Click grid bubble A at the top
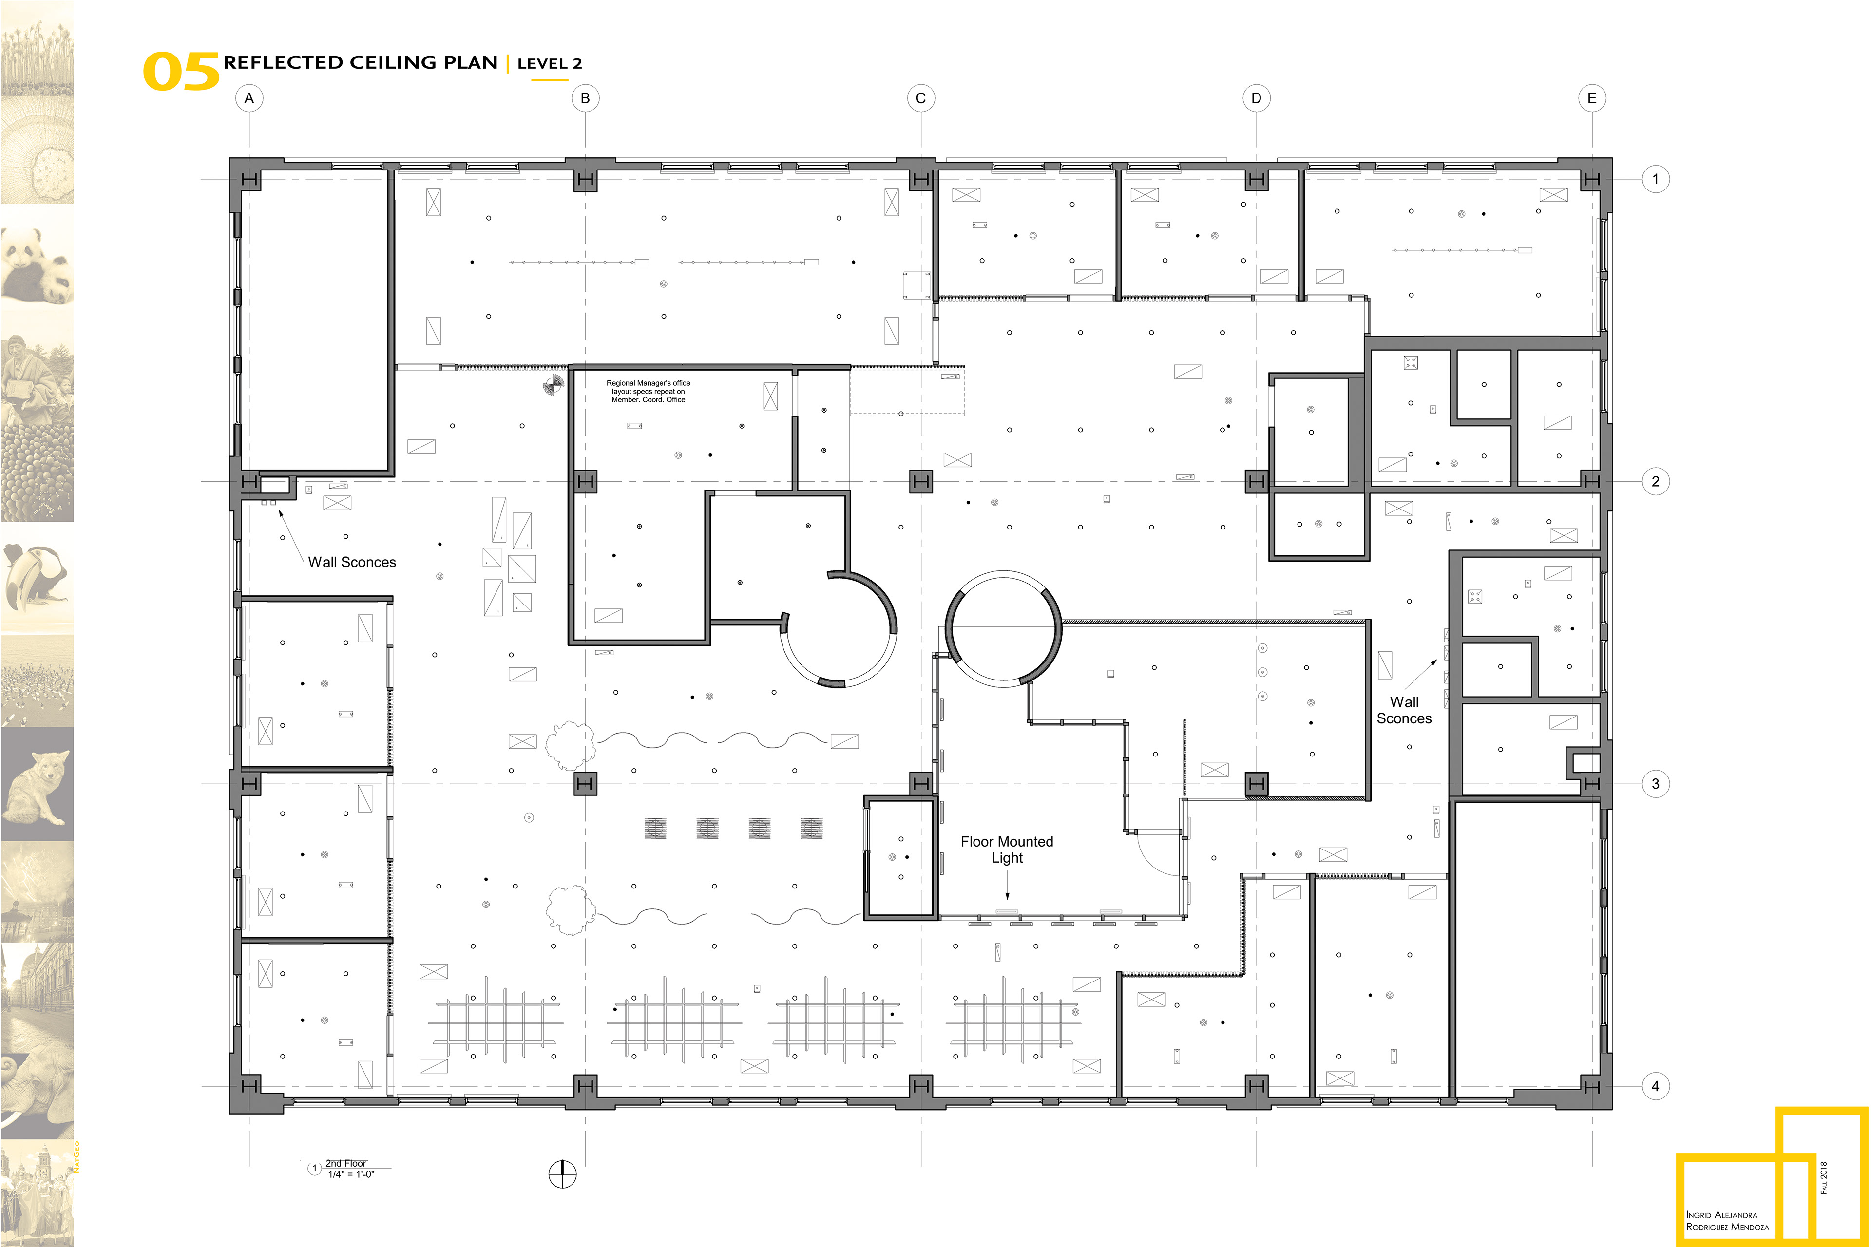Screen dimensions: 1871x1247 click(249, 98)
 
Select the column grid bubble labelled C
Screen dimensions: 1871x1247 click(920, 98)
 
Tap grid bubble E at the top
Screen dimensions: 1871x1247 click(1592, 98)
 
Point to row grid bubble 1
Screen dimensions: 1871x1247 click(1656, 179)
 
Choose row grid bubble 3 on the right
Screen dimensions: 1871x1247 click(1656, 783)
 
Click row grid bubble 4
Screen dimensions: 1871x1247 click(1656, 1086)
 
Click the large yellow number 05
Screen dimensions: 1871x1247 click(181, 72)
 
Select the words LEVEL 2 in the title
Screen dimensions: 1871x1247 click(549, 64)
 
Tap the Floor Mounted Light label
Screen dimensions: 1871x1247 click(1006, 850)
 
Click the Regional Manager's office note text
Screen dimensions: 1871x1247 click(649, 391)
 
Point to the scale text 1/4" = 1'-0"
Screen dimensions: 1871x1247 click(351, 1174)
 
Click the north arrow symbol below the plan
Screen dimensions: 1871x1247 click(562, 1174)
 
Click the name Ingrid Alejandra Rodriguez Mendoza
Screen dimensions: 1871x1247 click(1727, 1221)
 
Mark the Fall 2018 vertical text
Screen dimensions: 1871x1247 click(1823, 1177)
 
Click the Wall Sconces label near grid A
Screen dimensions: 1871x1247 click(352, 562)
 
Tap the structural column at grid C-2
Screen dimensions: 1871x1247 click(920, 481)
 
